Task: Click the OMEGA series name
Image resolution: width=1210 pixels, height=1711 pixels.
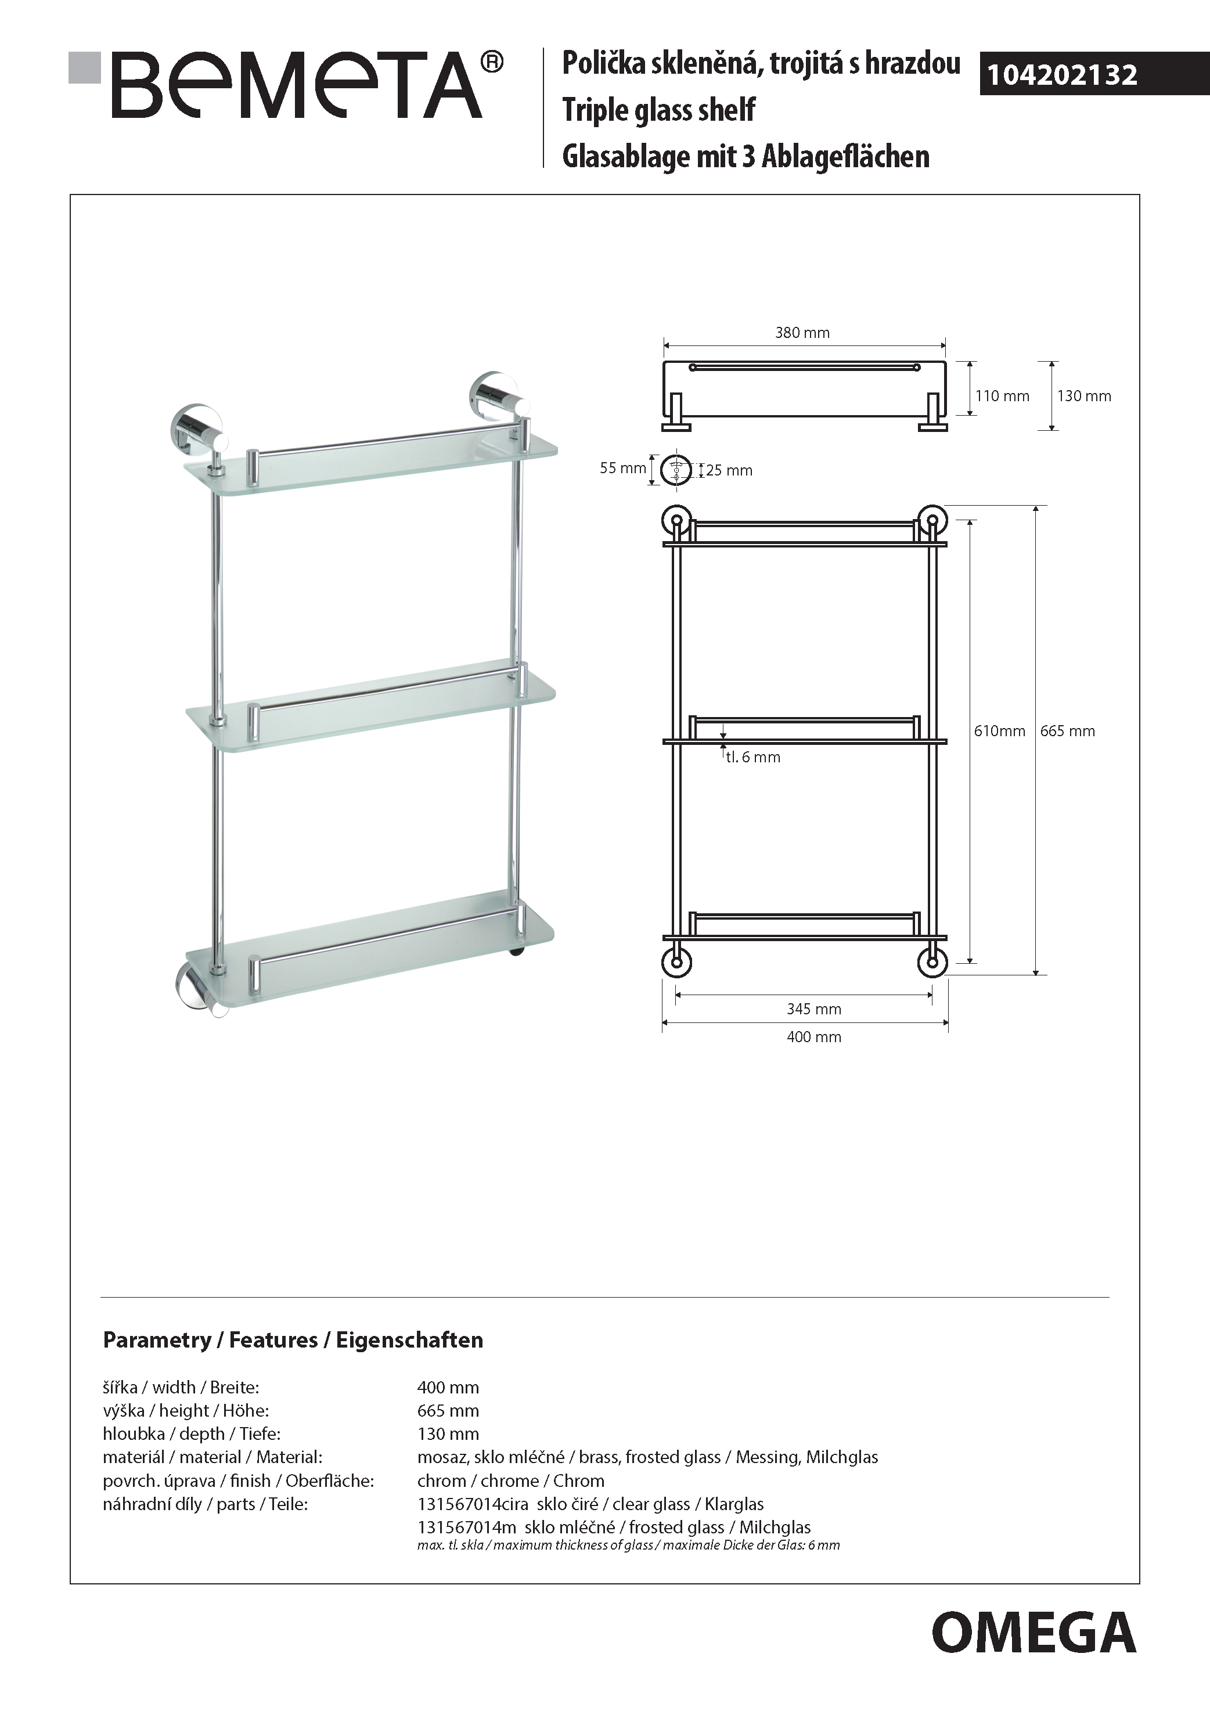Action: click(1033, 1633)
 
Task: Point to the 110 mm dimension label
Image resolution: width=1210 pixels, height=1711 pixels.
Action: click(1002, 397)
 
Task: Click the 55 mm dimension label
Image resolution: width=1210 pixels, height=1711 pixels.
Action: click(623, 468)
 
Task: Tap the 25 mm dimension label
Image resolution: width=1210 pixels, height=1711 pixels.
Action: click(729, 470)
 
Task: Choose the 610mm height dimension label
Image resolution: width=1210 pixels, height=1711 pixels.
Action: click(999, 731)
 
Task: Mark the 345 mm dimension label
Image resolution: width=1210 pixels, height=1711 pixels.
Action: click(813, 1009)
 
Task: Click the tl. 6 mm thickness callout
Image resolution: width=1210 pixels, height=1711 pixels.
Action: click(752, 757)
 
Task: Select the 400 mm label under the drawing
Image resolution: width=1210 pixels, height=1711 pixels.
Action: click(813, 1036)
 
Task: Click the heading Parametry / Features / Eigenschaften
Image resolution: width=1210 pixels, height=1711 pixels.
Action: click(293, 1341)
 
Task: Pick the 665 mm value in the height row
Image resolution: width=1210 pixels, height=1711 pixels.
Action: click(448, 1411)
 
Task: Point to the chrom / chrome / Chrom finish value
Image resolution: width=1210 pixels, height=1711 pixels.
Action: click(510, 1481)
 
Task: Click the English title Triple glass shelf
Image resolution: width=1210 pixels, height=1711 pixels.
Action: click(658, 110)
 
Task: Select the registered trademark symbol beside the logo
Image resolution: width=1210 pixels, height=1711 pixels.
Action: click(492, 63)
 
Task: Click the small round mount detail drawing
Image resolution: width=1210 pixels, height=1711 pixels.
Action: click(676, 470)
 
